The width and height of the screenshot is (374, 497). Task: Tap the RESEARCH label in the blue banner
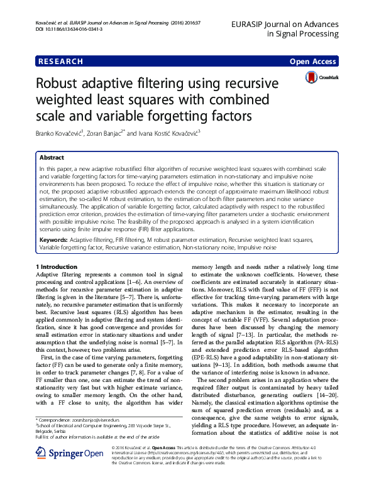(x=60, y=62)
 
